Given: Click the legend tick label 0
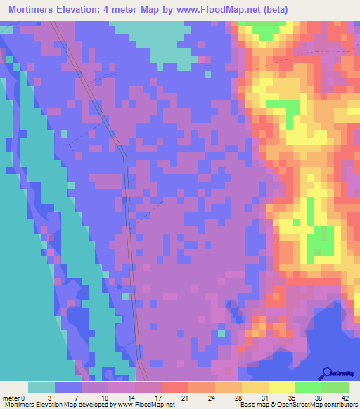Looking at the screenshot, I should pos(22,397).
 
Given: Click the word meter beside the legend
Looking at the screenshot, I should pos(10,397).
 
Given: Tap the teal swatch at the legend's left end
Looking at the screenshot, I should pos(41,387).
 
